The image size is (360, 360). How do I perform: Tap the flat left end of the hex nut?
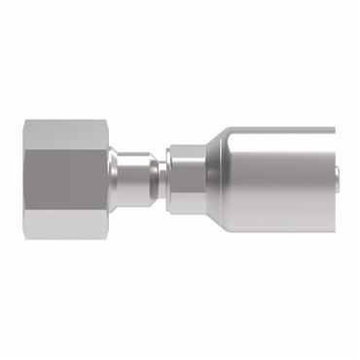pos(25,179)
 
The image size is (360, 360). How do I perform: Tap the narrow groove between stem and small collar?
pos(159,179)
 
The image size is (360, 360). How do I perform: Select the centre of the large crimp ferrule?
pos(272,179)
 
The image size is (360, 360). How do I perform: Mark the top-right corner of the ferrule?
pos(334,127)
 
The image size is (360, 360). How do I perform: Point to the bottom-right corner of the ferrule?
pos(334,233)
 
